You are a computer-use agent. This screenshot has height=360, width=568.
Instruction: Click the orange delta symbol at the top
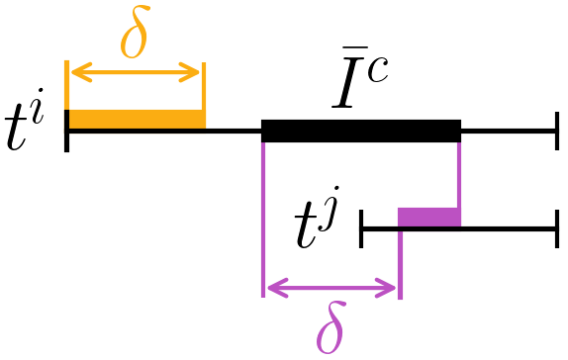pos(136,37)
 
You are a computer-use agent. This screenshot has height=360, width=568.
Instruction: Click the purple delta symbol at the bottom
pos(331,328)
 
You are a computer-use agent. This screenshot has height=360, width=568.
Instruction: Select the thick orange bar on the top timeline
pos(136,120)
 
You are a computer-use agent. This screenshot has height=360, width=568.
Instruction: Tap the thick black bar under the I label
pos(361,130)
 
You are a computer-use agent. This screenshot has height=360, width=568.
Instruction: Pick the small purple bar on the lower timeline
pos(429,218)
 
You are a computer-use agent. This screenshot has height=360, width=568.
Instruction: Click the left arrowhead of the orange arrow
pos(73,71)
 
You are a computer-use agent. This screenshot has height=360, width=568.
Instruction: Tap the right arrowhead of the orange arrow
pos(196,71)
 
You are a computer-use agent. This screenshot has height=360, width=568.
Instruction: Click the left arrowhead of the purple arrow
pos(271,289)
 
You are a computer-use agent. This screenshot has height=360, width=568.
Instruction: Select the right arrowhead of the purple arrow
pos(392,289)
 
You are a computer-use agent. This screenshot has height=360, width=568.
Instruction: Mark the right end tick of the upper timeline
pos(558,130)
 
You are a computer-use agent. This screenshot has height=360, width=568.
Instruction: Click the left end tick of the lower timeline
pos(362,228)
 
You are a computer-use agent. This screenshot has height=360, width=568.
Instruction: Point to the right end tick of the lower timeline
pos(558,228)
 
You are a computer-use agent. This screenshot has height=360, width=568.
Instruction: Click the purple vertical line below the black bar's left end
pos(264,218)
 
